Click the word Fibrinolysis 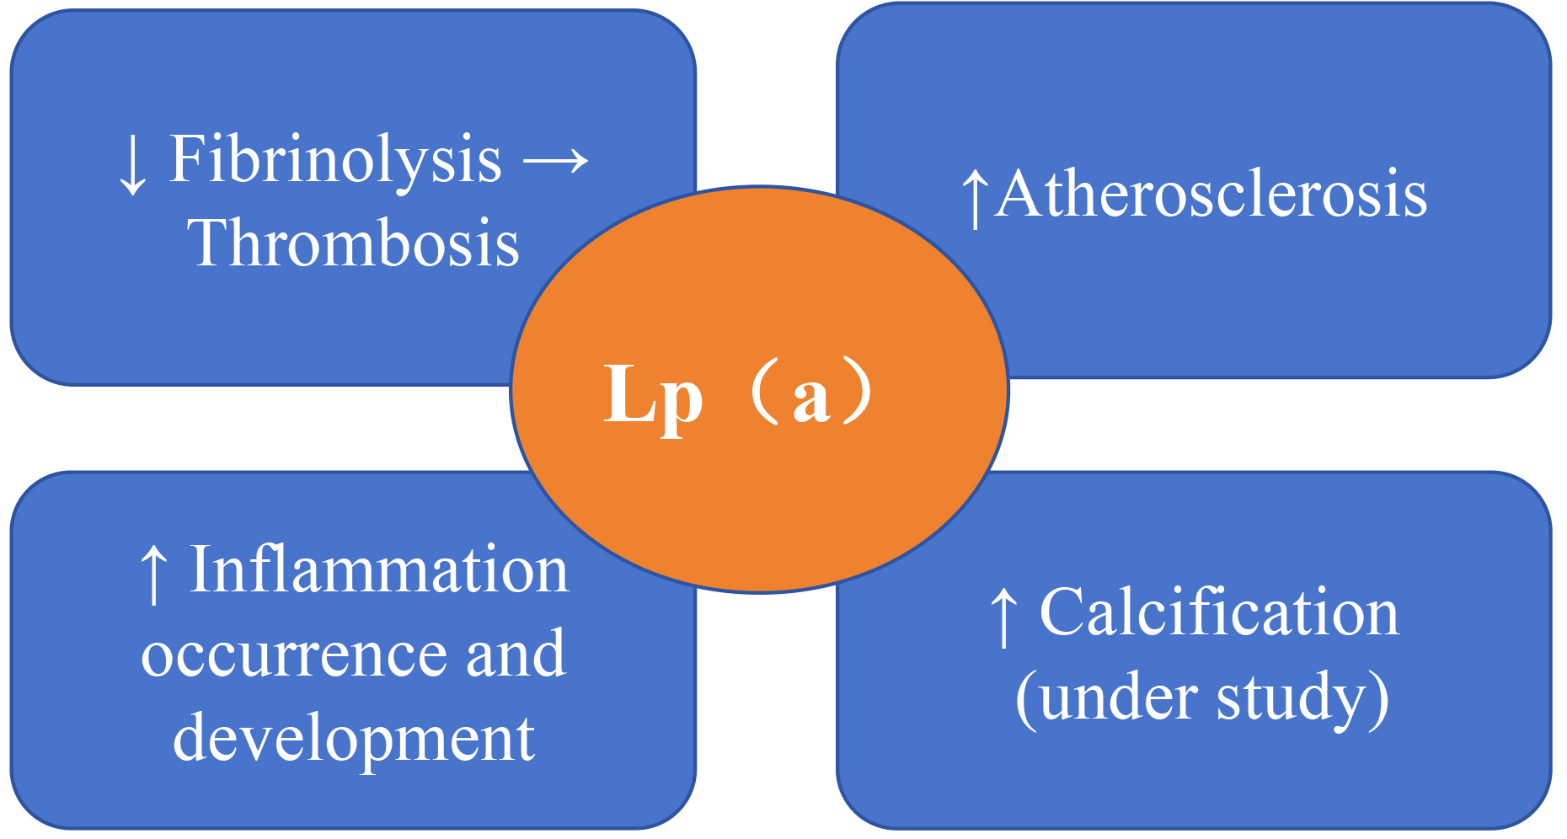point(335,160)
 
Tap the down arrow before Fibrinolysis point(132,164)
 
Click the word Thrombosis point(353,243)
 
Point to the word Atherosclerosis point(1211,195)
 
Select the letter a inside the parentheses point(811,398)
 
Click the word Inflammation point(379,570)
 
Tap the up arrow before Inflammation point(152,574)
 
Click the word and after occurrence point(516,655)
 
